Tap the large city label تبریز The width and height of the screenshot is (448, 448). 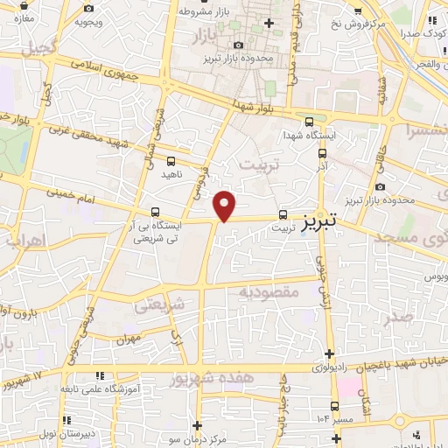(x=320, y=223)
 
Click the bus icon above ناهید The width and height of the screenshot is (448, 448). (x=170, y=161)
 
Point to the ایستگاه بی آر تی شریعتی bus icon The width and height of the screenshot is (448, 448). (x=155, y=211)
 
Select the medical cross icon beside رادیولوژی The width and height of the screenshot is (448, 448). (x=329, y=353)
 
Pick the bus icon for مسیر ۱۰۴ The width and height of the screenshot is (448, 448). (x=335, y=405)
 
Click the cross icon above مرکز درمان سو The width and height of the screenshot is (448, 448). (x=199, y=424)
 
